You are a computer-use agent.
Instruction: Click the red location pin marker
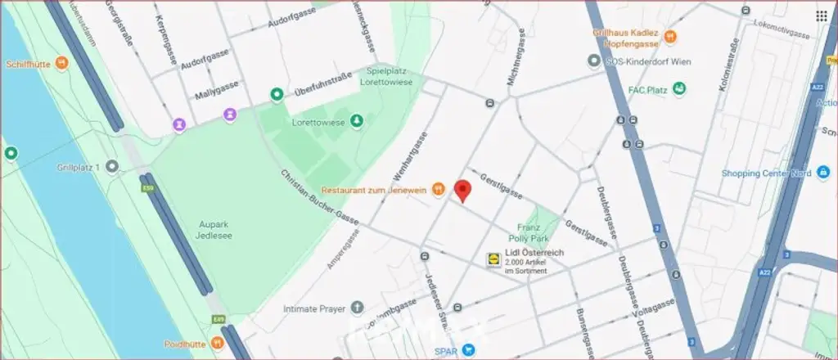(x=462, y=190)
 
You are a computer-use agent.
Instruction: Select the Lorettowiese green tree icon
(x=356, y=122)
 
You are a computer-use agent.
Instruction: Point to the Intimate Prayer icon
(x=356, y=308)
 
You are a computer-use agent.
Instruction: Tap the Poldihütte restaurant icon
(x=217, y=341)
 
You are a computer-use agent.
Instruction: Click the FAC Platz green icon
(x=679, y=88)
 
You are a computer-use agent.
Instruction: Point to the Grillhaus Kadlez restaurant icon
(x=670, y=36)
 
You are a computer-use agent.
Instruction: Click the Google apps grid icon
(x=821, y=16)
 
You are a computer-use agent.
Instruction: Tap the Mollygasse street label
(x=215, y=96)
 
